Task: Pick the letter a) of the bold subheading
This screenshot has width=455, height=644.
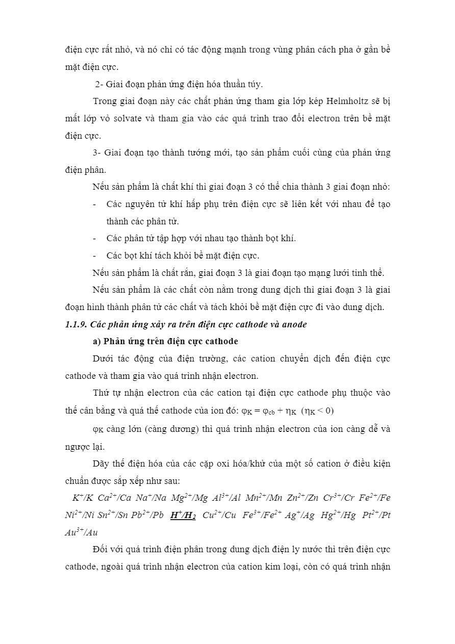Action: (96, 341)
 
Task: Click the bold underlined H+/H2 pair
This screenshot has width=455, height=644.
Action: (183, 515)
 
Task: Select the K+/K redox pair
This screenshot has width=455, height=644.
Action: (83, 498)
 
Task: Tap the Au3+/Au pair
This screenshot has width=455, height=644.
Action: (81, 532)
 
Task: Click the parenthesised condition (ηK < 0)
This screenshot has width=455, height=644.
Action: (317, 410)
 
